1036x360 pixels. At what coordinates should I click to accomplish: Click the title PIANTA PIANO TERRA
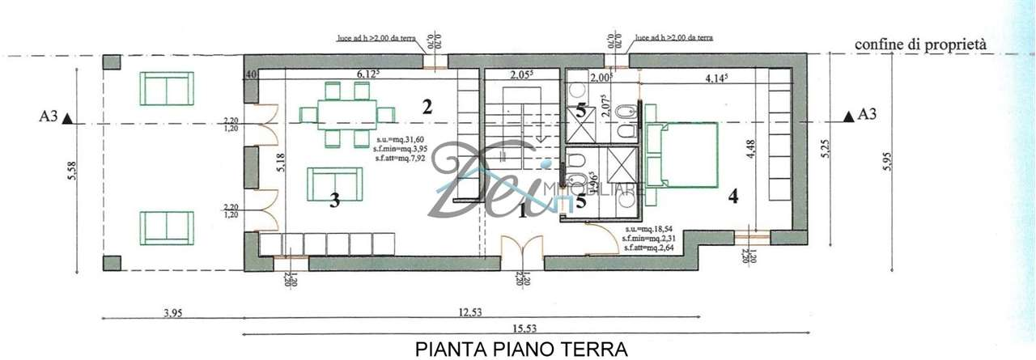521,349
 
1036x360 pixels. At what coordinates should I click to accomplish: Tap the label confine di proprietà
924,45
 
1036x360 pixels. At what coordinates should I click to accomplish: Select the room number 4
733,196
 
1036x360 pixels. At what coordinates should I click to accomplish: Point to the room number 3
333,201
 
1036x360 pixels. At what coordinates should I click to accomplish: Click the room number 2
427,105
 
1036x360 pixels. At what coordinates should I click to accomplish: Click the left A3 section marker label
48,116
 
